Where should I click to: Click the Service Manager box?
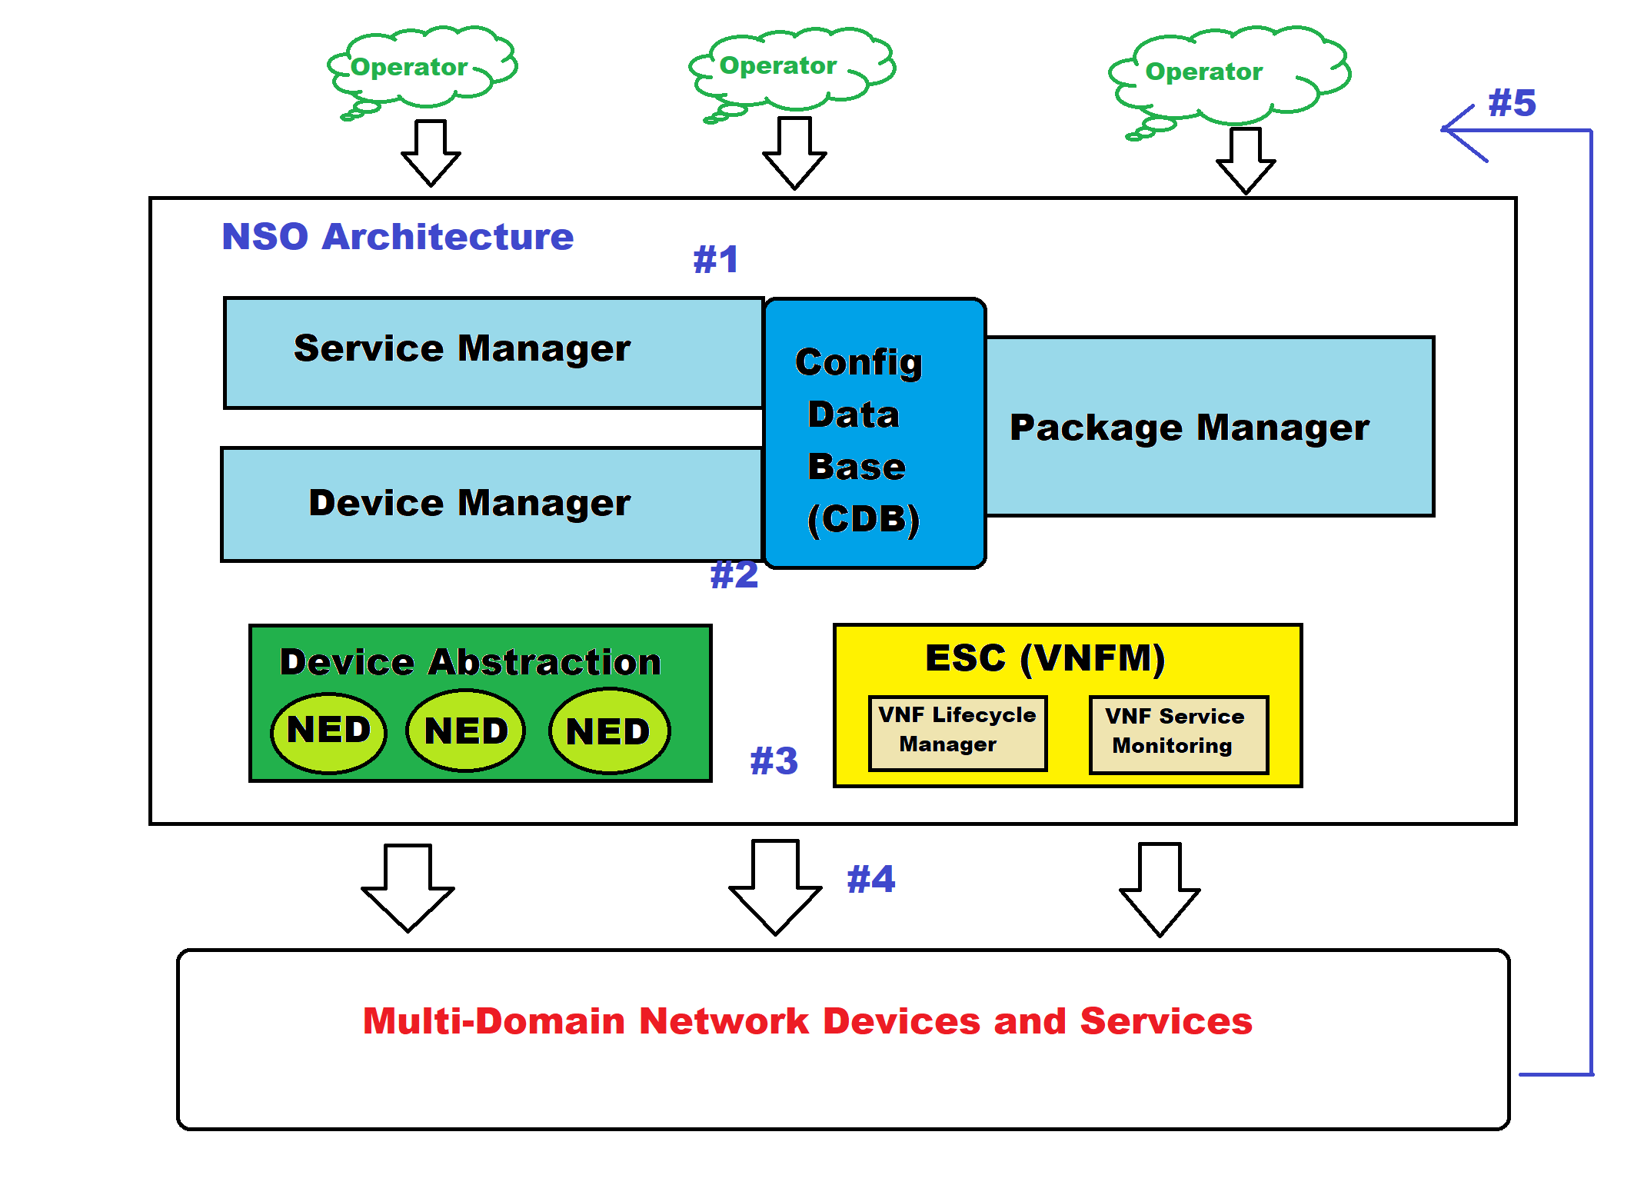[492, 352]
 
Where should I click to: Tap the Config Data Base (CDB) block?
[874, 434]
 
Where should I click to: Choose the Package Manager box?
[1209, 427]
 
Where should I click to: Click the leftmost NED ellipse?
[329, 731]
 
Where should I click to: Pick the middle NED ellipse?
[466, 731]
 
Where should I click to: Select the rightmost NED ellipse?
[609, 731]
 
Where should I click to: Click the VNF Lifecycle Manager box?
[957, 731]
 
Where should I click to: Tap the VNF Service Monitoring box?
[1178, 733]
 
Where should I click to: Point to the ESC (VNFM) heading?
[1045, 658]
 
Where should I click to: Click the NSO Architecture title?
[398, 237]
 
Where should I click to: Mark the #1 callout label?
[716, 260]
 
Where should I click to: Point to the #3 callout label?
[774, 761]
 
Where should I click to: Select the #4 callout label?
[871, 879]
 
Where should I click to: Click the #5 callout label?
[1512, 103]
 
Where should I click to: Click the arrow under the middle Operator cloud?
[794, 152]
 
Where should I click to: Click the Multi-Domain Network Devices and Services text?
[807, 1021]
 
